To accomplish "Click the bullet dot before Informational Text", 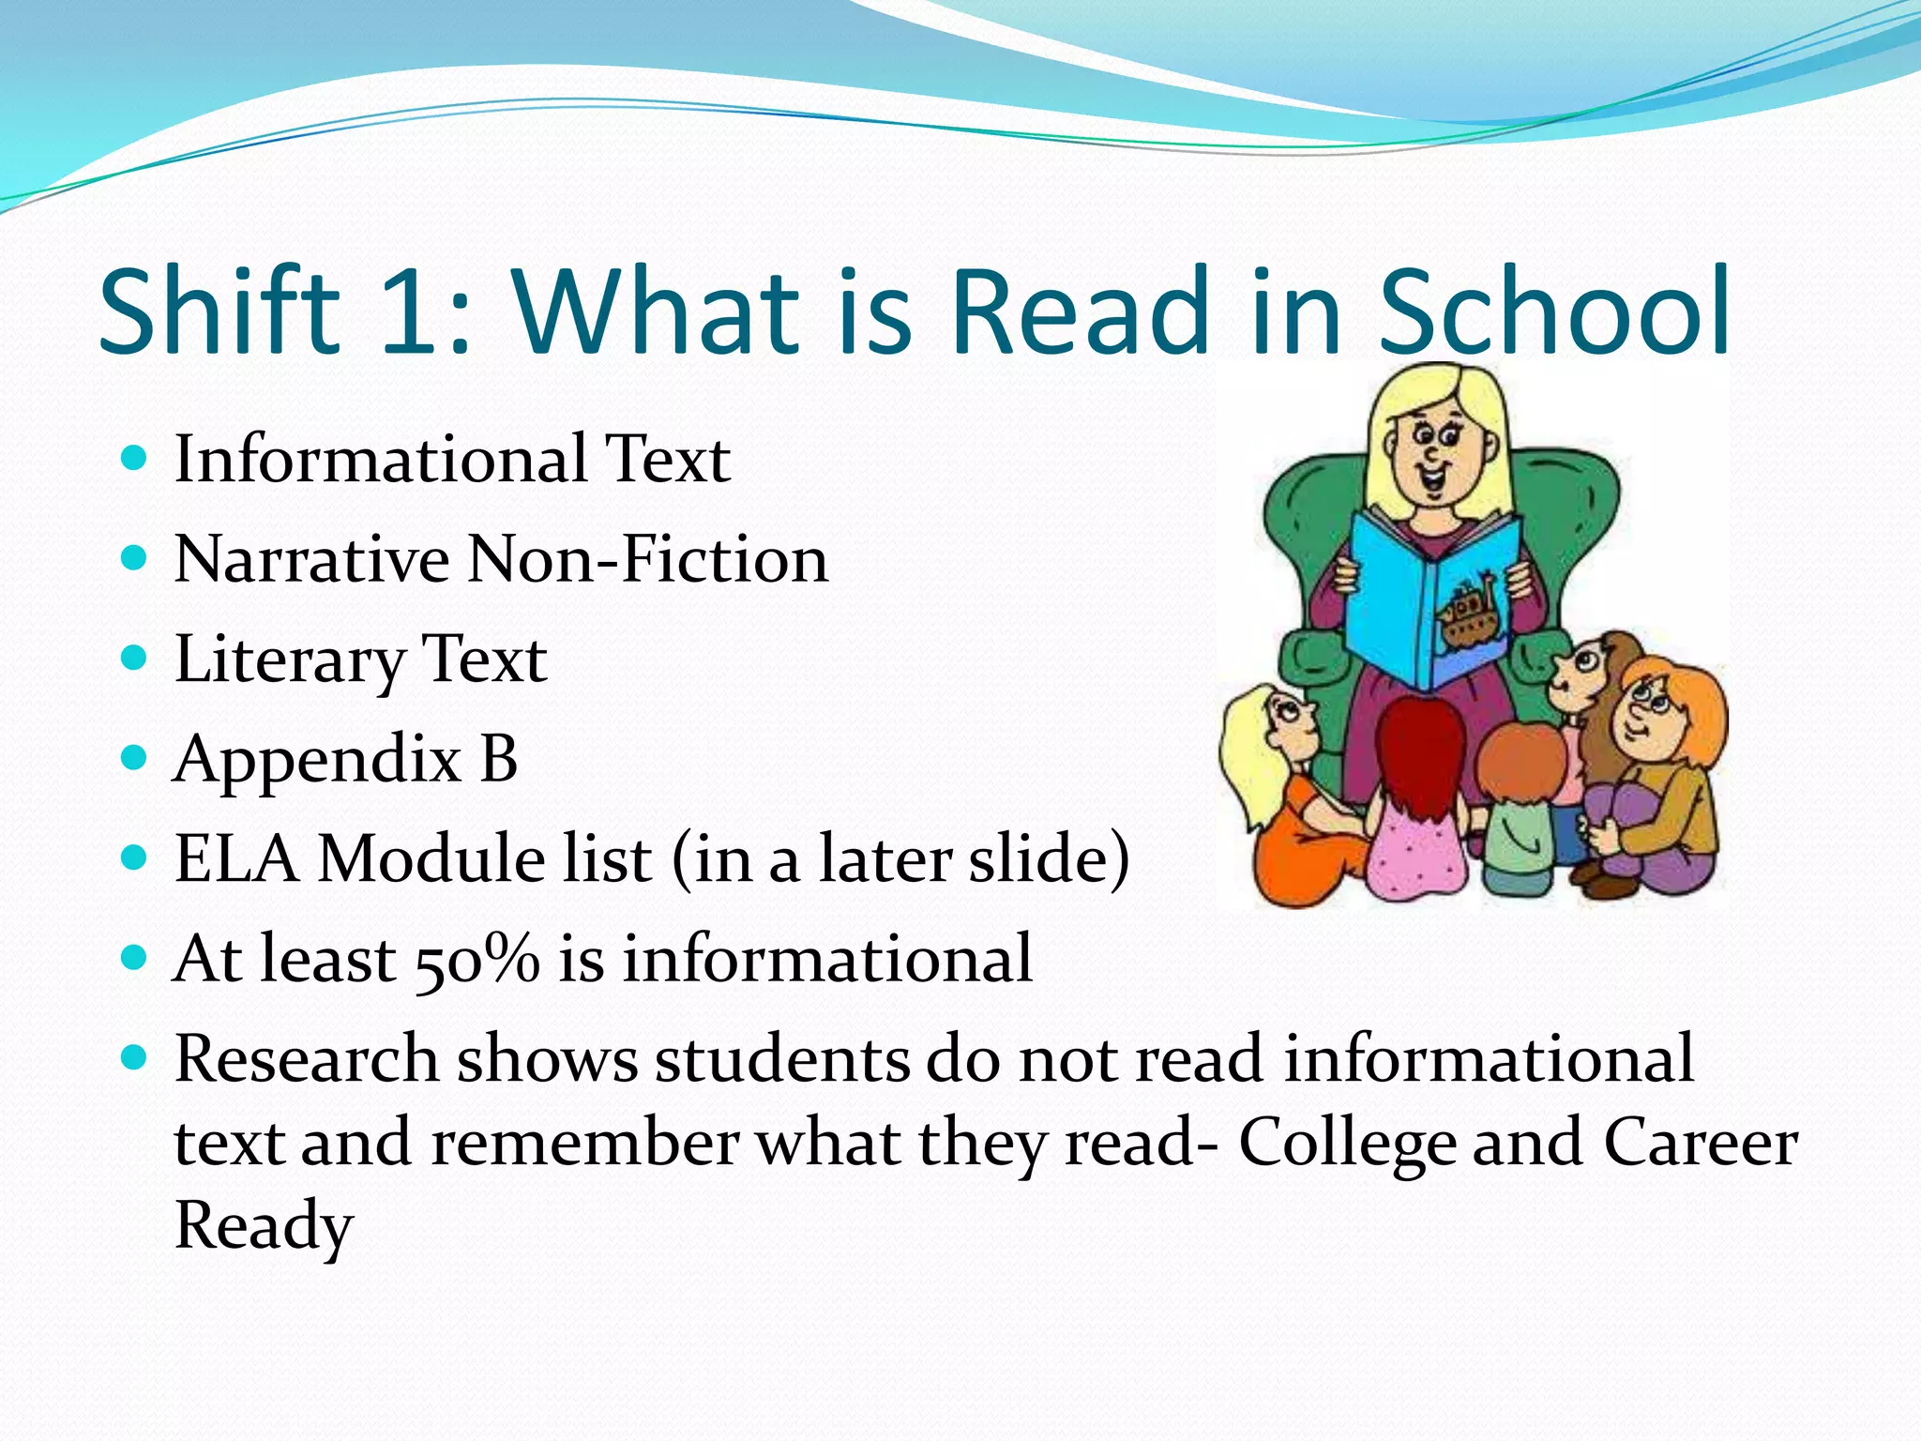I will [x=135, y=459].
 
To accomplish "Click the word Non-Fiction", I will [x=648, y=560].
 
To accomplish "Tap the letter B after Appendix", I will [x=499, y=758].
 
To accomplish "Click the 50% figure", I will [x=476, y=960].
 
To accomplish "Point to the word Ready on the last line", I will [x=264, y=1225].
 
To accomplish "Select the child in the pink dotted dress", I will [x=1416, y=807].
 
